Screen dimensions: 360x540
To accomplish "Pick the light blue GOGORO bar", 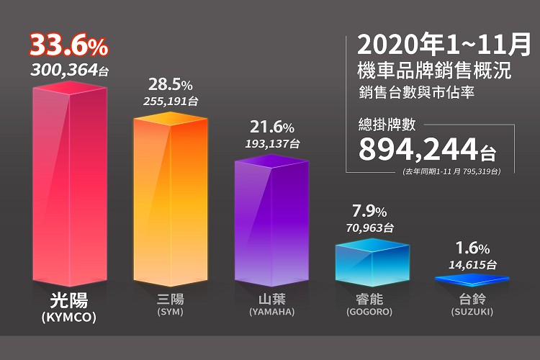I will point(372,262).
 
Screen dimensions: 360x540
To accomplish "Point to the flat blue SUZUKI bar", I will point(472,279).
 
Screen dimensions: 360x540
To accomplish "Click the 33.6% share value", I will point(69,48).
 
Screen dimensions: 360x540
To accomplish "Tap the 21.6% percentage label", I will point(271,127).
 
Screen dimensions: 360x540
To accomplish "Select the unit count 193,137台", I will point(271,144).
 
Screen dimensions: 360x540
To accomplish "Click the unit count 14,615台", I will point(472,264).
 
